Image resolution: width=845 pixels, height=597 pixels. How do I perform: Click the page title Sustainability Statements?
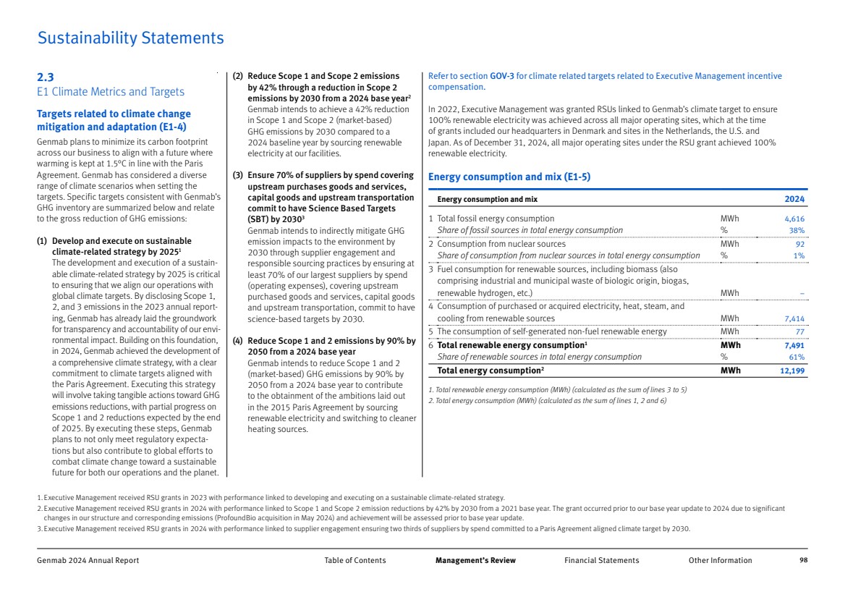point(130,38)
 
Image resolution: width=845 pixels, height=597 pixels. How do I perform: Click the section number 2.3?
point(45,77)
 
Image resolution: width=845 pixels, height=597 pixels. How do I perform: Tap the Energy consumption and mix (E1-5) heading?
point(509,177)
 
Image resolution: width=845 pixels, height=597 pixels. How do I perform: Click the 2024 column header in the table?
point(794,199)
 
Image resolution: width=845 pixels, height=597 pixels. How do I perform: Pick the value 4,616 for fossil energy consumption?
point(794,219)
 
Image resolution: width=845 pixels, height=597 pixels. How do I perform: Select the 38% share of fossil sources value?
point(797,230)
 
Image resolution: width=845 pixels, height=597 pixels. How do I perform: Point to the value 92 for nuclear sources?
point(799,244)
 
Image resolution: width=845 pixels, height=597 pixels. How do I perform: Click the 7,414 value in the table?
point(794,318)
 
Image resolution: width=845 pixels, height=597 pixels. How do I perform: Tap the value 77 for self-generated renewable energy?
point(799,332)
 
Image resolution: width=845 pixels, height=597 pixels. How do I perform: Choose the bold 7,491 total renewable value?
point(794,345)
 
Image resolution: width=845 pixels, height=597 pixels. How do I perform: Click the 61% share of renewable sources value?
point(797,357)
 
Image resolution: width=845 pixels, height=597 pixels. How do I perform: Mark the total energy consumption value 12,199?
point(793,371)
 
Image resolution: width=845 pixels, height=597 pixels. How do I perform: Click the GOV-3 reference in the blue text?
point(502,76)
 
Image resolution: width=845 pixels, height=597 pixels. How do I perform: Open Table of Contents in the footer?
point(355,560)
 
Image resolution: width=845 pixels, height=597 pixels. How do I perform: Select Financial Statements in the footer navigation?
point(601,560)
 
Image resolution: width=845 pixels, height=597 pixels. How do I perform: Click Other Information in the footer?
point(720,560)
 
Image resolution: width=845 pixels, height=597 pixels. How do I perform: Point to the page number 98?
point(803,560)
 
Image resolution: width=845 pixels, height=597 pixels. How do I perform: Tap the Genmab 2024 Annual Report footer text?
point(88,560)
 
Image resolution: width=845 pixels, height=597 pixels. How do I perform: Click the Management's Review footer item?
point(475,560)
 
